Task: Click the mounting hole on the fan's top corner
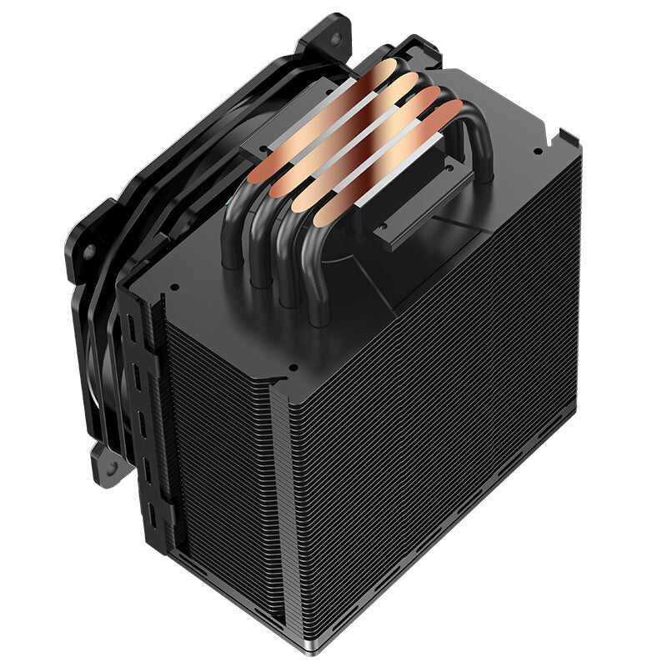tap(338, 38)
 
